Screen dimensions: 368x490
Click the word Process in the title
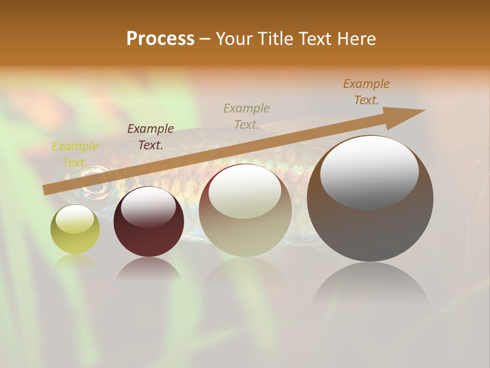pyautogui.click(x=160, y=39)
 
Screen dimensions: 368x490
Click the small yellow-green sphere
pyautogui.click(x=75, y=229)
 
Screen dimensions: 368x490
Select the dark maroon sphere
pyautogui.click(x=149, y=222)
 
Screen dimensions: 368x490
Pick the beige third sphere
pyautogui.click(x=245, y=210)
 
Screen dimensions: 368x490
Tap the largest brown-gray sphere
pyautogui.click(x=370, y=198)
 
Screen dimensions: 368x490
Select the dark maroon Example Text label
pyautogui.click(x=151, y=137)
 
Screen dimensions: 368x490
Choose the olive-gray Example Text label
pyautogui.click(x=247, y=116)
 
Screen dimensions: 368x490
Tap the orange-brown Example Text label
pyautogui.click(x=366, y=92)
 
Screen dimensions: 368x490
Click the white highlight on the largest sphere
pyautogui.click(x=369, y=171)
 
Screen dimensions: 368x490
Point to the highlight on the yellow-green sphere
pyautogui.click(x=75, y=219)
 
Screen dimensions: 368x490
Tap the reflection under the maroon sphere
pyautogui.click(x=149, y=269)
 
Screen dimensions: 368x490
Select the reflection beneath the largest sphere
pyautogui.click(x=370, y=286)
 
